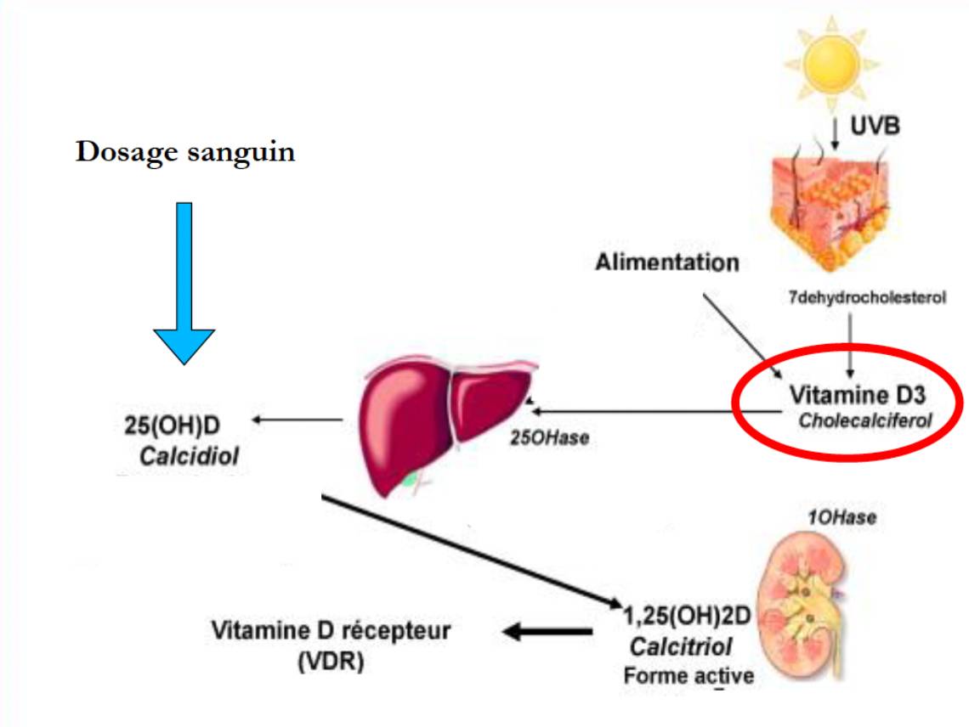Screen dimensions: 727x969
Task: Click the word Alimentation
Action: pyautogui.click(x=666, y=262)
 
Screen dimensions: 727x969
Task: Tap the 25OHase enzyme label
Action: pyautogui.click(x=549, y=439)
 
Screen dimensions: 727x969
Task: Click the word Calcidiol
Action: pyautogui.click(x=189, y=457)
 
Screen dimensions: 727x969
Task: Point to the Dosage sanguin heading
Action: pyautogui.click(x=185, y=153)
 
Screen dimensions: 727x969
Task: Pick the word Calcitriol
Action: pyautogui.click(x=681, y=647)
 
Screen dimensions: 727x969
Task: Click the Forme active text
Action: pyautogui.click(x=688, y=676)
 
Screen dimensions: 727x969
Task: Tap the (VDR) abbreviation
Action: pyautogui.click(x=331, y=662)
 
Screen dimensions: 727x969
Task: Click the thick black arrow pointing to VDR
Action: pyautogui.click(x=548, y=631)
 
